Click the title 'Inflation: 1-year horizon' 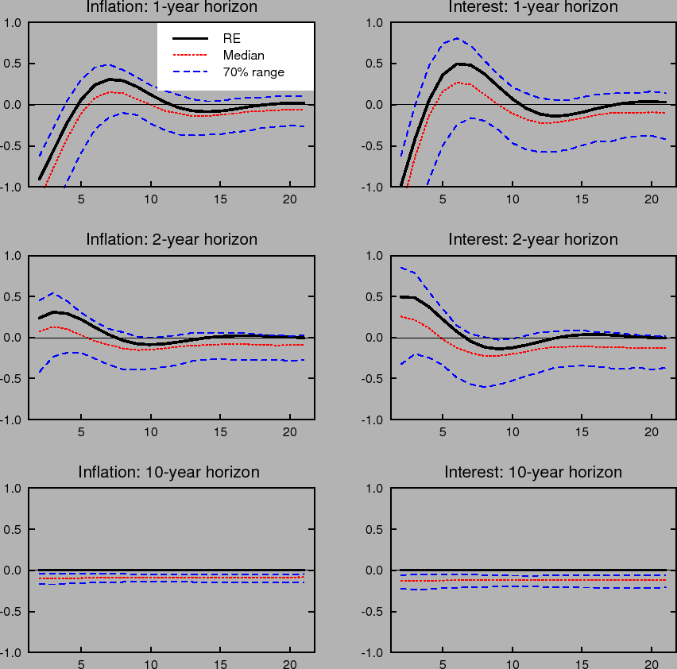point(172,7)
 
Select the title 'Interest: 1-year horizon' point(532,7)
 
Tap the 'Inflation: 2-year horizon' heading point(172,239)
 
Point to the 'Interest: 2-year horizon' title point(532,239)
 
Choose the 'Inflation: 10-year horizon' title point(168,472)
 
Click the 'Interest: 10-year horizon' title point(532,472)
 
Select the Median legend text point(243,56)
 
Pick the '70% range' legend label point(253,72)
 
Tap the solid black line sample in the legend point(190,38)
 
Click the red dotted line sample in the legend point(190,56)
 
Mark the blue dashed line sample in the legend point(190,72)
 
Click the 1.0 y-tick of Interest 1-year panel point(376,23)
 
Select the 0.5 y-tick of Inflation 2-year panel point(14,296)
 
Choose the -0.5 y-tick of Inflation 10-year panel point(11,612)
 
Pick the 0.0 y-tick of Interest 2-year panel point(376,338)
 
